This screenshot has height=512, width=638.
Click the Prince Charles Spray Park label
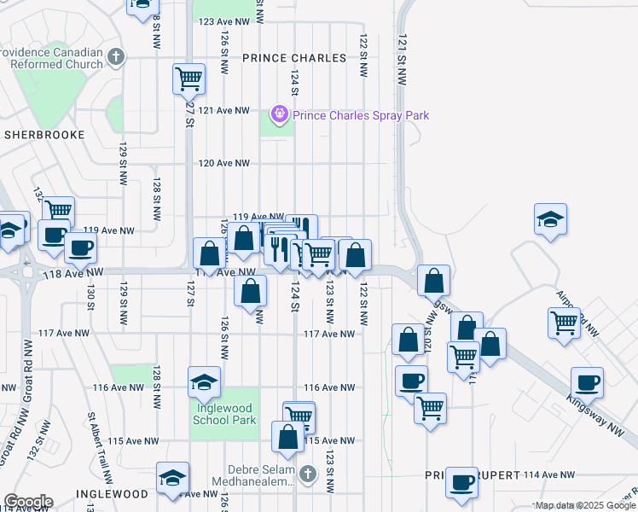(361, 115)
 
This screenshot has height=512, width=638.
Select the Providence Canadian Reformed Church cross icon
(116, 58)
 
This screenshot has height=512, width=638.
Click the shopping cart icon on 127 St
(188, 79)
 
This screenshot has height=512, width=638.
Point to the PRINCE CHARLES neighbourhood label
(294, 58)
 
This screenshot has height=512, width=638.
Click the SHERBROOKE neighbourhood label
(44, 135)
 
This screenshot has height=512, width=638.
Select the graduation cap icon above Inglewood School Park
(205, 382)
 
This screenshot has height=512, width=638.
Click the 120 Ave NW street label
(223, 163)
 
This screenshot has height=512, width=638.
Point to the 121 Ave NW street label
(223, 111)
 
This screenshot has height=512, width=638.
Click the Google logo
(27, 502)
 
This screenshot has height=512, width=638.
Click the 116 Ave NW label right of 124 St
(329, 387)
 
